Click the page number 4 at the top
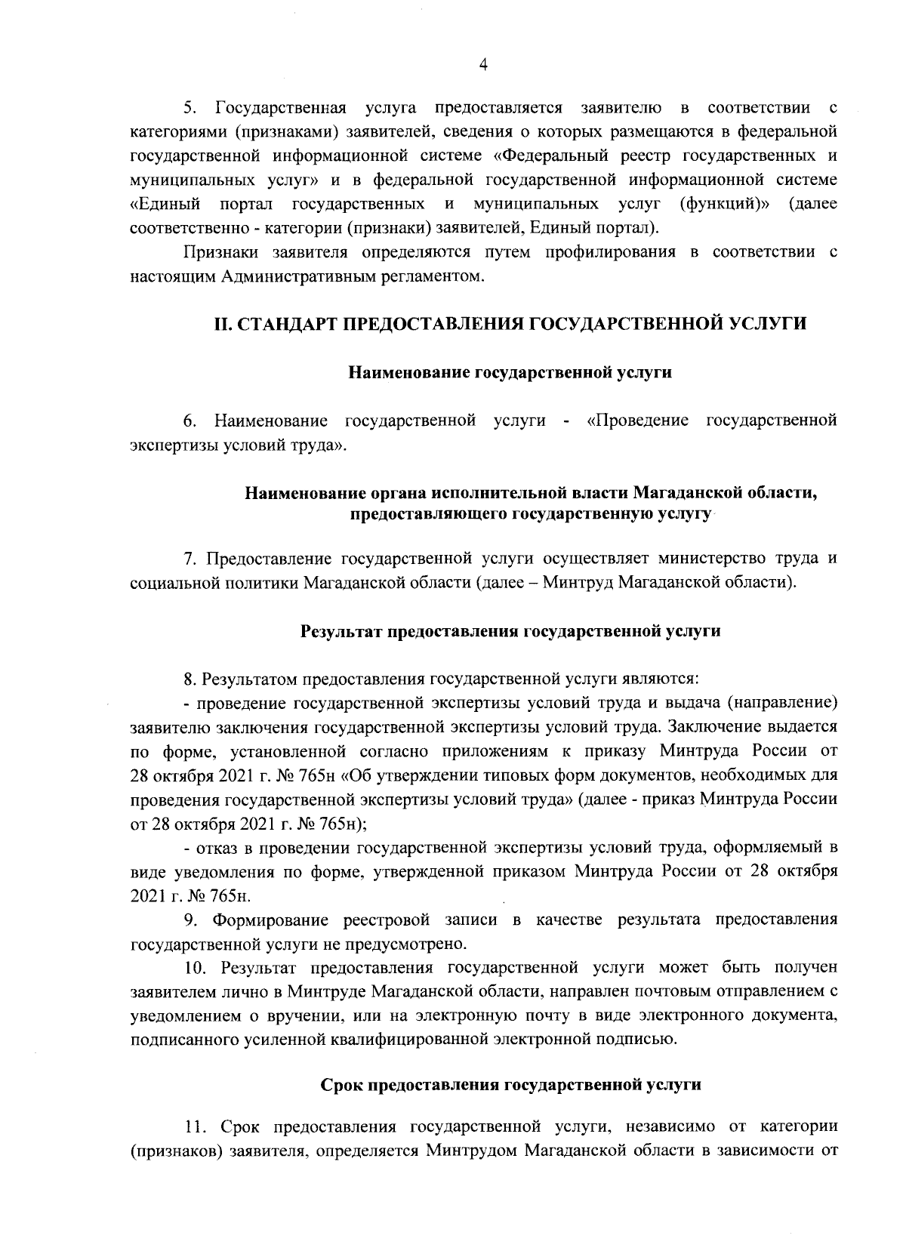point(483,66)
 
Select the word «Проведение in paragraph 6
point(636,420)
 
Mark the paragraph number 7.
point(190,559)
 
